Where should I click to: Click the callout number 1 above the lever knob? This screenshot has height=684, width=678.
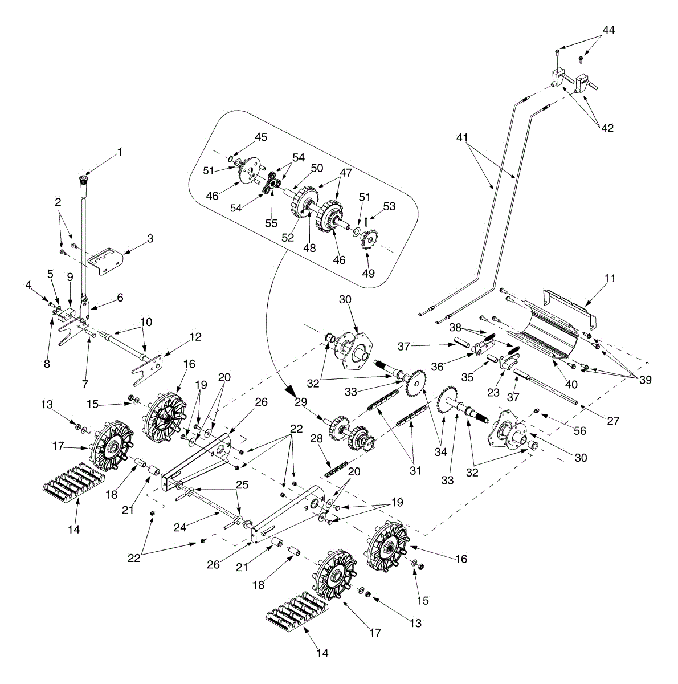tap(120, 152)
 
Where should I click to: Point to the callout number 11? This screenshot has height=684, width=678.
tap(610, 279)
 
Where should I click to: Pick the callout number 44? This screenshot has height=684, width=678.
tap(609, 30)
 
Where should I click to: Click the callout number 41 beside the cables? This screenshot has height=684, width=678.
tap(462, 138)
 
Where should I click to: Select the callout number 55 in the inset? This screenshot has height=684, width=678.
tap(272, 223)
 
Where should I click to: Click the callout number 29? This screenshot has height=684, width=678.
tap(301, 402)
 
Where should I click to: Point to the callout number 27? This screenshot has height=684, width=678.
tap(613, 421)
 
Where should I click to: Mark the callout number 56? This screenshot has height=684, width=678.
tap(579, 430)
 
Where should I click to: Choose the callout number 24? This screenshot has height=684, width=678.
tap(180, 527)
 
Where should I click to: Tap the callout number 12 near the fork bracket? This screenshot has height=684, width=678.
tap(195, 337)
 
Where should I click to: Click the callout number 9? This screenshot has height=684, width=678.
tap(70, 277)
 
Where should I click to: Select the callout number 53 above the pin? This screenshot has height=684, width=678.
tap(389, 206)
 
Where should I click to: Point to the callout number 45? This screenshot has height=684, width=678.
tap(261, 137)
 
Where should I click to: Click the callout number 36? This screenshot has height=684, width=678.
tap(438, 367)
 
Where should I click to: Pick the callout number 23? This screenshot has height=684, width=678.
tap(493, 392)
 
